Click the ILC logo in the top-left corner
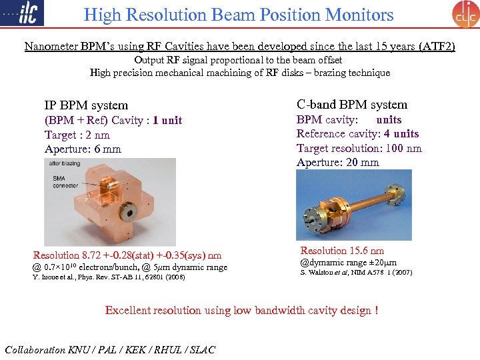tap(24, 13)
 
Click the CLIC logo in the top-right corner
tap(465, 14)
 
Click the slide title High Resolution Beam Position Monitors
tap(239, 15)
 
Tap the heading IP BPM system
tap(86, 105)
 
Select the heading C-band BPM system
tap(352, 104)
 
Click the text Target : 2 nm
tap(77, 135)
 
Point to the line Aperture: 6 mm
tap(83, 149)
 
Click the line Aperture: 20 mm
tap(337, 162)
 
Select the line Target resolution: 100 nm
tap(359, 148)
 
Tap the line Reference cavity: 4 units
tap(357, 134)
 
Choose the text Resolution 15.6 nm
tap(342, 251)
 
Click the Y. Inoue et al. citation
tap(109, 277)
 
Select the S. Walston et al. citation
tap(347, 273)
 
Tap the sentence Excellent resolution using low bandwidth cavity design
tap(241, 310)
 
